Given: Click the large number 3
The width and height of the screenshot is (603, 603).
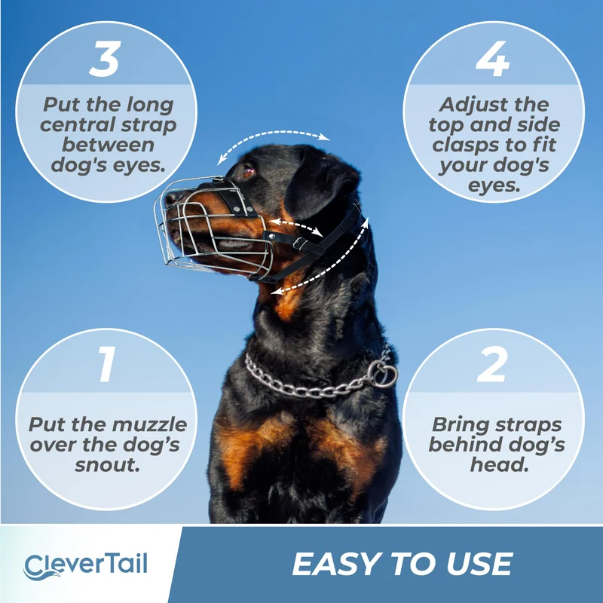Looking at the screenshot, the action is tap(105, 59).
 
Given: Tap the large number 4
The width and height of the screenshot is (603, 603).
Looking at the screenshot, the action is tap(493, 59).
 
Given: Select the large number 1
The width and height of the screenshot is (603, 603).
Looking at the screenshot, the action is tap(107, 364).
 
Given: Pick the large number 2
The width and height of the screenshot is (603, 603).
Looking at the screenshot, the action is tap(492, 364).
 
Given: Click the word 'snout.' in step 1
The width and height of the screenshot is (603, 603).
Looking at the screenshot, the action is tap(107, 464).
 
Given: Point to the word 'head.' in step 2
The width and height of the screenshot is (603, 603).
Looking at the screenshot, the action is tap(499, 464).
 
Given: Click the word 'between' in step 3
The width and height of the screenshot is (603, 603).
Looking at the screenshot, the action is tap(108, 145).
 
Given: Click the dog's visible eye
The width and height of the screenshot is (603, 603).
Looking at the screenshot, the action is tap(248, 171).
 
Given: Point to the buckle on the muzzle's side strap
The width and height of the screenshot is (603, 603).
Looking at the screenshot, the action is tap(299, 243).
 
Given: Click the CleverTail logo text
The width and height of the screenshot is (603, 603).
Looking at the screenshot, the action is tap(85, 565).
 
